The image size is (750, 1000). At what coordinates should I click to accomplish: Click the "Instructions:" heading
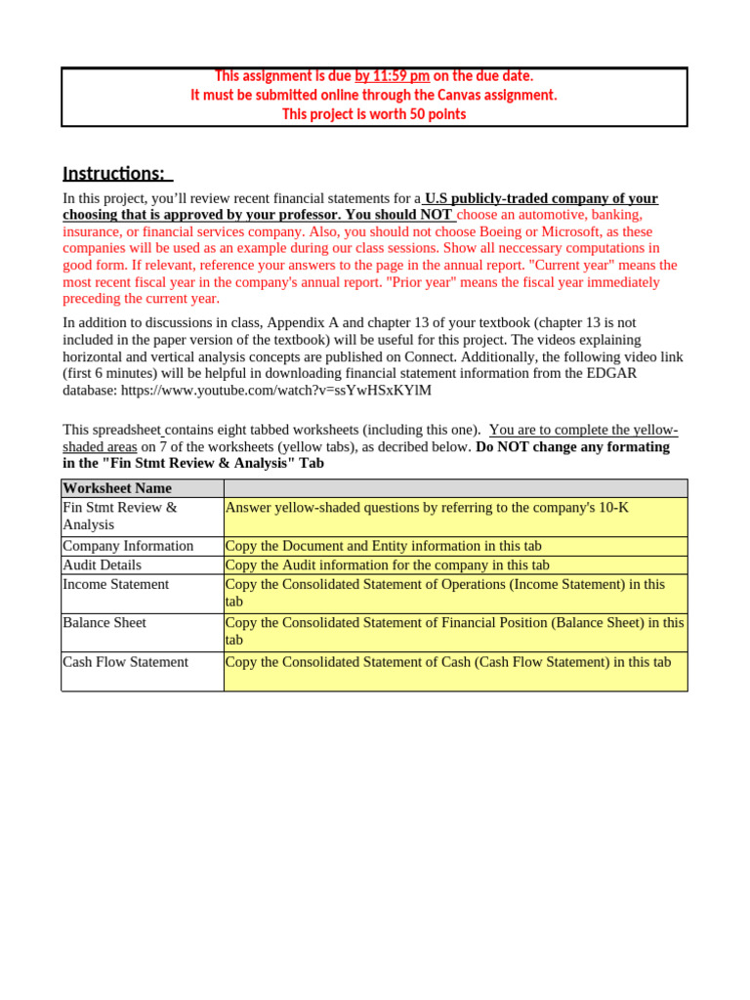click(x=116, y=174)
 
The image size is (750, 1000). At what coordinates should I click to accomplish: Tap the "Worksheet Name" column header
click(x=117, y=488)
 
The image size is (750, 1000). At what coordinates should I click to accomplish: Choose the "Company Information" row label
click(x=128, y=546)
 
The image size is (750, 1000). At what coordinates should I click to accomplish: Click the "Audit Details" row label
click(x=102, y=564)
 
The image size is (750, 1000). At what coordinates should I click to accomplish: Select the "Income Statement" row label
click(x=115, y=584)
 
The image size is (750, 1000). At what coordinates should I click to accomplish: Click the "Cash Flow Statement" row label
click(x=125, y=661)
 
